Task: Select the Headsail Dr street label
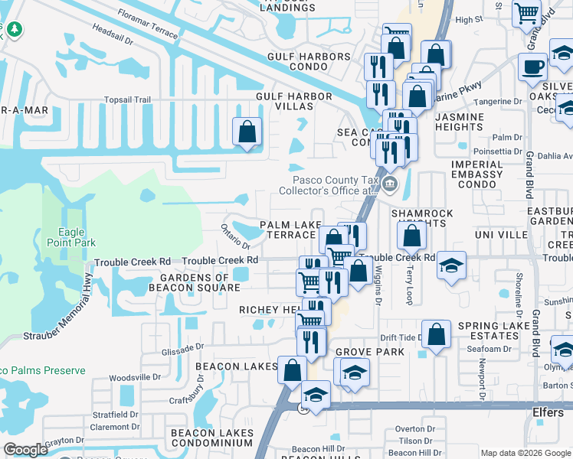[x=113, y=40]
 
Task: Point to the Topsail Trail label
[x=127, y=99]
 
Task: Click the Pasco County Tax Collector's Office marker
[x=389, y=184]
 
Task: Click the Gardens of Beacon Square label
[x=200, y=282]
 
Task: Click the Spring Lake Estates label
[x=494, y=331]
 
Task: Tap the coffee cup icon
[x=532, y=66]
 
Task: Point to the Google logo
[x=25, y=450]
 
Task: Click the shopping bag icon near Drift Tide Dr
[x=436, y=335]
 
